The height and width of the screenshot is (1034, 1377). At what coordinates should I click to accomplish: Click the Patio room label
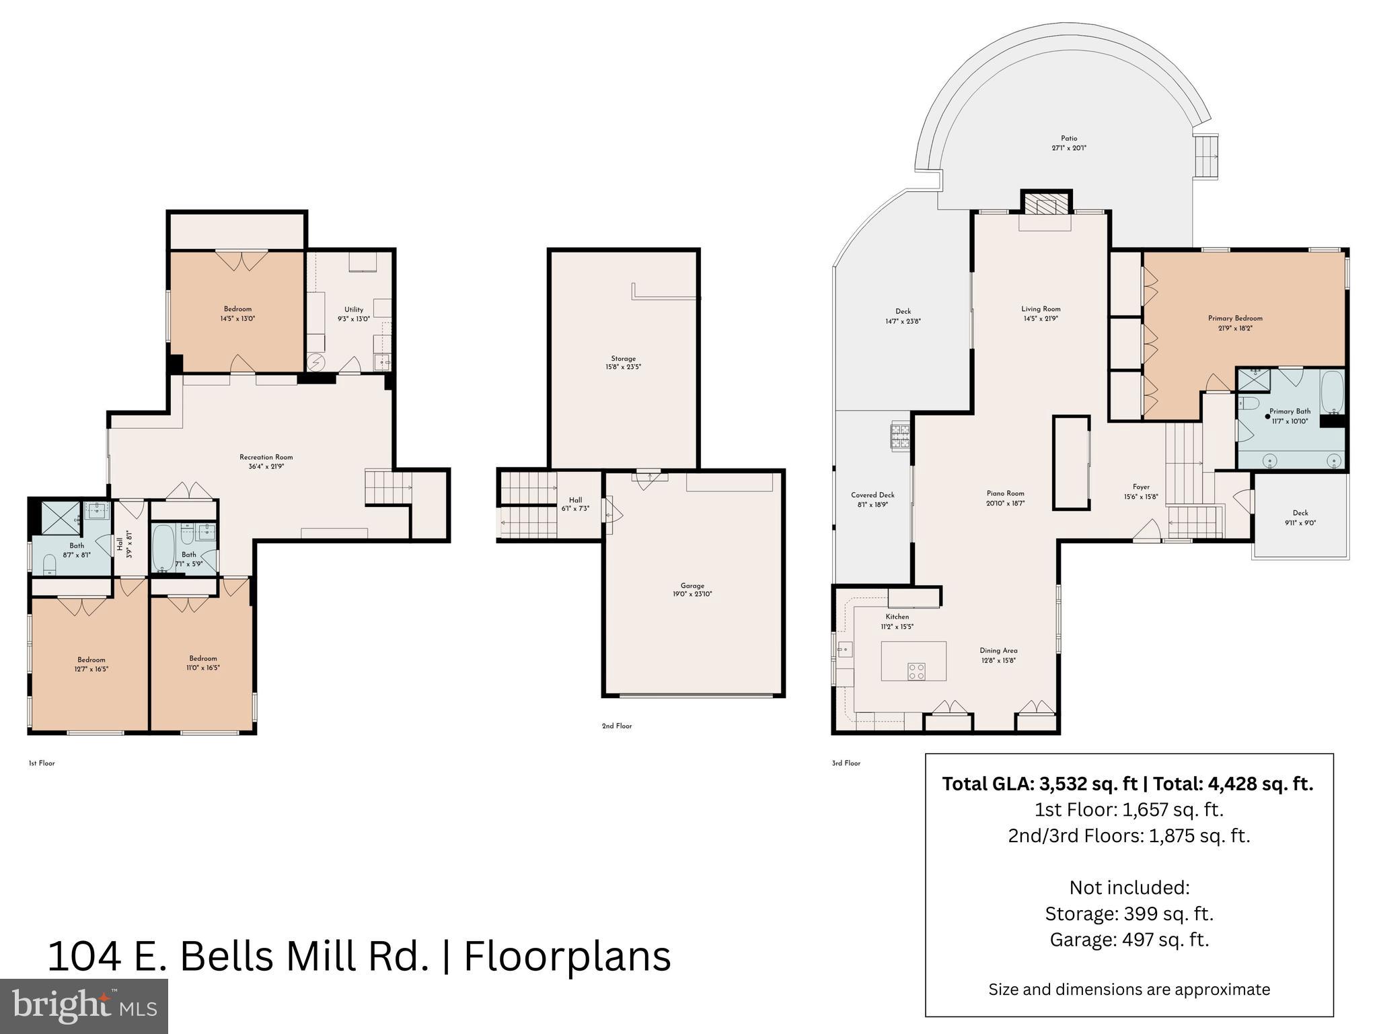click(x=1069, y=139)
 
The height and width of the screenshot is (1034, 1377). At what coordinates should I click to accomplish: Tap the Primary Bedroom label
click(x=1235, y=318)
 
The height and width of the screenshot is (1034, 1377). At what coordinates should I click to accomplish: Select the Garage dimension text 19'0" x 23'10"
click(x=692, y=594)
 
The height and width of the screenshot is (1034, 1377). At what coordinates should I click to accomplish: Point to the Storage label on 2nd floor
click(x=623, y=359)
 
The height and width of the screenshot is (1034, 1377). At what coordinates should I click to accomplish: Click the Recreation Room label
click(x=266, y=457)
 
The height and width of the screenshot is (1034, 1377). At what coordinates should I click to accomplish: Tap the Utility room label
click(x=354, y=310)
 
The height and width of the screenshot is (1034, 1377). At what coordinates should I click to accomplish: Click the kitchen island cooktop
click(x=916, y=670)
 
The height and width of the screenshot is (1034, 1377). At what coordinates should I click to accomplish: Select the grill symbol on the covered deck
click(x=901, y=436)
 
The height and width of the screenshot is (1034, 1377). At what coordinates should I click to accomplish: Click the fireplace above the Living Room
click(x=1046, y=205)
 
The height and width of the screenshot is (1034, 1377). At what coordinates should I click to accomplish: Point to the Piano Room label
click(x=1006, y=493)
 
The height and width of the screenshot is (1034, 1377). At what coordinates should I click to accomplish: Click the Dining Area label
click(x=998, y=650)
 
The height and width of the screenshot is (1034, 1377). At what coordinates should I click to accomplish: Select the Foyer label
click(x=1141, y=487)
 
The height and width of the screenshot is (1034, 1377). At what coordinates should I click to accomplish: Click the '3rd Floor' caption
click(x=846, y=763)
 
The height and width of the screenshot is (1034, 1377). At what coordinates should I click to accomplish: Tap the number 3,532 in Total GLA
click(x=1064, y=784)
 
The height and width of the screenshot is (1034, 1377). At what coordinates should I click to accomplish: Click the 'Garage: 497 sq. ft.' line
click(x=1129, y=939)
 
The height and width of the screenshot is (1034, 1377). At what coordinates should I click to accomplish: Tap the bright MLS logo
click(x=84, y=1006)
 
